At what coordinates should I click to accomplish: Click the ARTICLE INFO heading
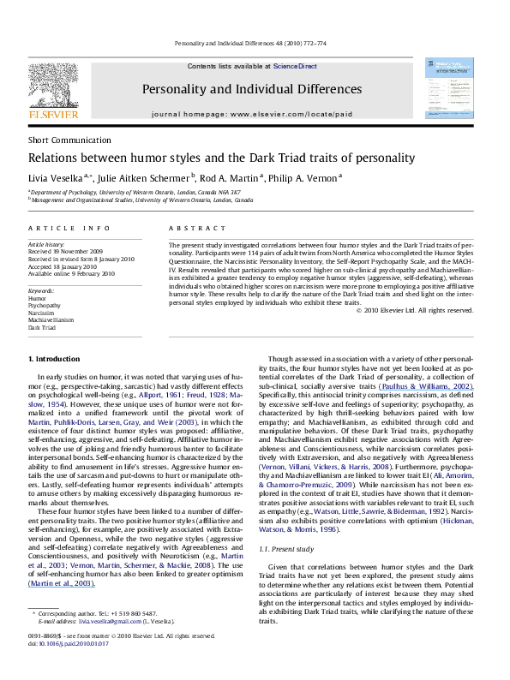click(x=58, y=230)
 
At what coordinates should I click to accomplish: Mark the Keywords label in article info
click(x=42, y=292)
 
